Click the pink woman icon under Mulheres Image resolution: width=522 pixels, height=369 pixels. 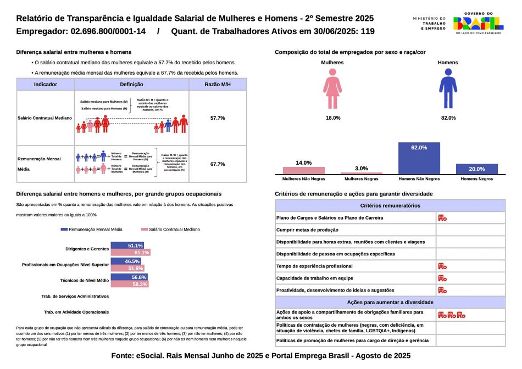click(333, 91)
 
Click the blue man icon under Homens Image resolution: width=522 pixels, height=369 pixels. click(448, 91)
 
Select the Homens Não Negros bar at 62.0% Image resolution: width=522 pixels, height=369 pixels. click(419, 158)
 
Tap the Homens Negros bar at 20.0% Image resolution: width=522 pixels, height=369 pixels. click(477, 169)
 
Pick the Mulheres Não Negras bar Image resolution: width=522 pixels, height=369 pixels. click(304, 170)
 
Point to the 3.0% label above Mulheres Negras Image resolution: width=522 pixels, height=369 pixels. click(362, 168)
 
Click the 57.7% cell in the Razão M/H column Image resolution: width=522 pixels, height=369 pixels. click(218, 118)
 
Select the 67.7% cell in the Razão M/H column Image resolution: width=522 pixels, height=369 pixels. click(218, 164)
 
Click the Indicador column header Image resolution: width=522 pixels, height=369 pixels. click(46, 85)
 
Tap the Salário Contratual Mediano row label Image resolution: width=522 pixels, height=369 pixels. click(45, 118)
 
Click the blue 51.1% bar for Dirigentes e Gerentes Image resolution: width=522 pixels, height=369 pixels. click(127, 245)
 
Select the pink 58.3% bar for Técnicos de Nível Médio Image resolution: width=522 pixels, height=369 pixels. click(129, 284)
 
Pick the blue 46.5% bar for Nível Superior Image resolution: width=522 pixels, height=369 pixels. click(126, 261)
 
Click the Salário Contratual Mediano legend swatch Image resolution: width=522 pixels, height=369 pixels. click(145, 229)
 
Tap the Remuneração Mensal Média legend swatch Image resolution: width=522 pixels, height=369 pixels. click(64, 229)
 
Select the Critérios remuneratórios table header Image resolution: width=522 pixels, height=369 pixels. click(390, 205)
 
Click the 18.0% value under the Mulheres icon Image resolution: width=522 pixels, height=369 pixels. click(333, 118)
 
